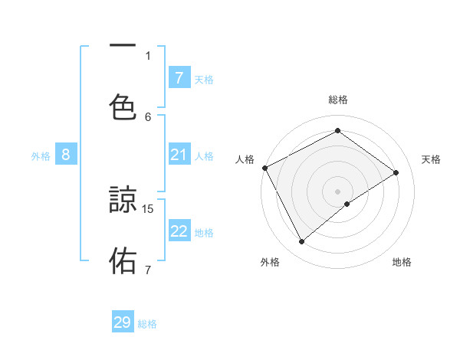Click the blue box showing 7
tap(179, 77)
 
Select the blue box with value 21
tap(179, 155)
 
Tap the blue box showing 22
tap(179, 231)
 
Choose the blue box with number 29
tap(123, 322)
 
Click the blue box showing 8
tap(66, 155)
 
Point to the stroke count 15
tap(149, 208)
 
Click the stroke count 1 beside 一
tap(148, 54)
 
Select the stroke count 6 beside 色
tap(148, 116)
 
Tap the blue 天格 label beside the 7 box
tap(204, 79)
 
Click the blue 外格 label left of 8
tap(41, 155)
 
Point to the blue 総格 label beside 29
tap(148, 324)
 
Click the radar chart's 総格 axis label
tap(337, 100)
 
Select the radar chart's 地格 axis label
tap(402, 263)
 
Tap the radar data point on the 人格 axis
tap(264, 168)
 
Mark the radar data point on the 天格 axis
tap(396, 172)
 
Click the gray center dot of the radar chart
tap(337, 191)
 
